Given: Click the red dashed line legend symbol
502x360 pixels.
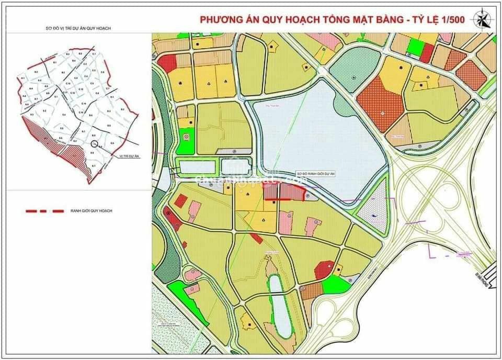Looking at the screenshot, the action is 44,211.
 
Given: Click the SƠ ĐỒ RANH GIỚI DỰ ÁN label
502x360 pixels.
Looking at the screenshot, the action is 314,174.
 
